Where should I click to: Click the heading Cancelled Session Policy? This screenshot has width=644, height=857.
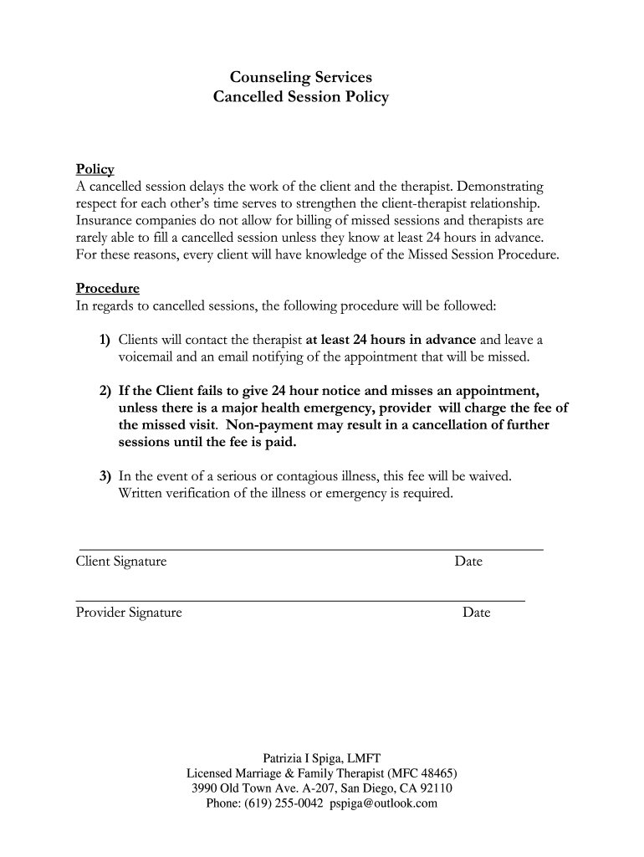click(301, 97)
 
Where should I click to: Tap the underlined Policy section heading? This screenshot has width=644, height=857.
click(95, 169)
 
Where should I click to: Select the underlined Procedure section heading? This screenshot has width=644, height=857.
click(108, 289)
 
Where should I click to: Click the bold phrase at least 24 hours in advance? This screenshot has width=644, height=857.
click(391, 340)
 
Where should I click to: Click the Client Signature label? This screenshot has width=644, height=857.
click(121, 562)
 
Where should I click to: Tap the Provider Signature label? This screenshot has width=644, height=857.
click(129, 613)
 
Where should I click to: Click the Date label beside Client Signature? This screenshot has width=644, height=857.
click(468, 562)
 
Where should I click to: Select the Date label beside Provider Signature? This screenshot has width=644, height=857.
click(476, 613)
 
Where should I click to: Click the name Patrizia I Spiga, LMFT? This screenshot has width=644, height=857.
click(322, 757)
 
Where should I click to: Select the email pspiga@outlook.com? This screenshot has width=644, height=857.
click(384, 803)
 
